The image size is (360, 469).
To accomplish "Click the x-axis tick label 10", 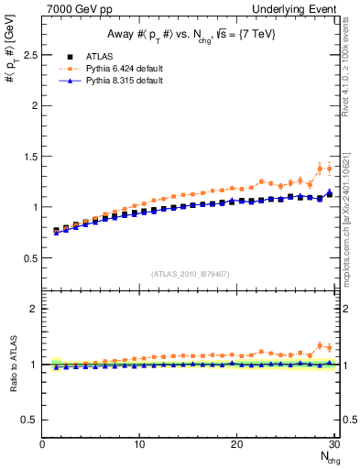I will coord(139,444).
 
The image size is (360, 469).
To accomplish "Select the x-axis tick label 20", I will coord(236,444).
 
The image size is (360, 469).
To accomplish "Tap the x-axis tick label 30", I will coord(333,444).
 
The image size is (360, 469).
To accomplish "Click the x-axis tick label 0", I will coord(42,444).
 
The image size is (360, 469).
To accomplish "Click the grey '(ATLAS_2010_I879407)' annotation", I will coord(190,272).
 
